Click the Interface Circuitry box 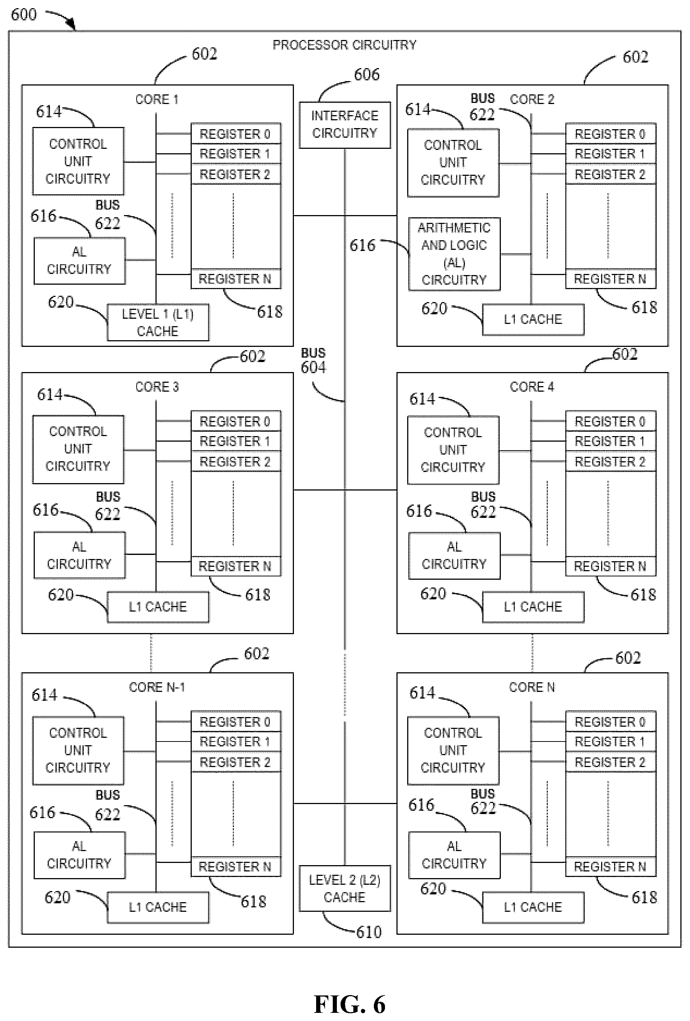345,125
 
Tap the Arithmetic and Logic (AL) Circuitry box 454,254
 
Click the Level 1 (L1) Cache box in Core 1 158,322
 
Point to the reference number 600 24,14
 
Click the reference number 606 367,75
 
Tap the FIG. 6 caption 349,1004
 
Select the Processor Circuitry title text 345,45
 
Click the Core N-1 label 157,687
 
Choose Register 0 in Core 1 235,134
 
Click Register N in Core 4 610,566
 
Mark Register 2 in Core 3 235,461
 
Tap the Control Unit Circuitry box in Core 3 78,449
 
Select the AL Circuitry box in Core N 454,855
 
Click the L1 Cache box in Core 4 533,607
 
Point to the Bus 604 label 313,361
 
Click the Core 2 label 532,99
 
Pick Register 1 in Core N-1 235,742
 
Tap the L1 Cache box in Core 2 533,319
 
